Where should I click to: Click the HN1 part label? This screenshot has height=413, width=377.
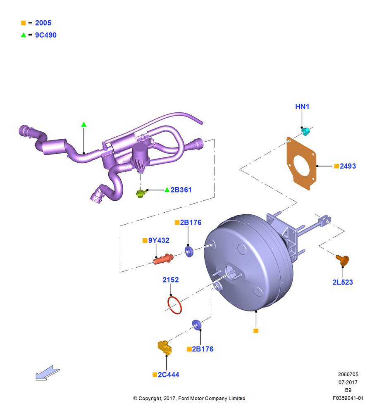point(302,107)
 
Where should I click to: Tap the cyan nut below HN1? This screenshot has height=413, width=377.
point(305,131)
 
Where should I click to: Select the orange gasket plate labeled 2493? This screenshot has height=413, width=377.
point(301,163)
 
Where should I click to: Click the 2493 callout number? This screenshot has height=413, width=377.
point(348,166)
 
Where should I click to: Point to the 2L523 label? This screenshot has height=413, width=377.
point(342,282)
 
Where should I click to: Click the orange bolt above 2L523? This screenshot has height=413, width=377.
point(343,260)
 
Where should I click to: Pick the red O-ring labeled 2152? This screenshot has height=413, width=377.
point(174,305)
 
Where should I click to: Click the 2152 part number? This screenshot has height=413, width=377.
point(171,280)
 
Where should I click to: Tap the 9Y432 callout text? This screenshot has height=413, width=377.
point(158,240)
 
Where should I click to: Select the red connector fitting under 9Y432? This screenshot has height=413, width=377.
point(163,259)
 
